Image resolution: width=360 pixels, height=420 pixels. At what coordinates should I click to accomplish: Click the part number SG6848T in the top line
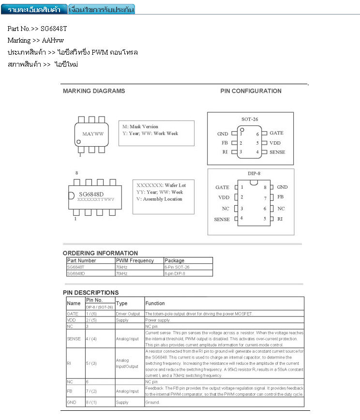coord(54,29)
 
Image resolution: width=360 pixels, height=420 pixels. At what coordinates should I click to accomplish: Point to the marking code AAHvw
coord(53,40)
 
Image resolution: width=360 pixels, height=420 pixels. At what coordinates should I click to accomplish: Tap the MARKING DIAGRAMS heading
coord(94,91)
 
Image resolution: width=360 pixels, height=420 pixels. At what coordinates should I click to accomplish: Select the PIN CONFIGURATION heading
coord(251,91)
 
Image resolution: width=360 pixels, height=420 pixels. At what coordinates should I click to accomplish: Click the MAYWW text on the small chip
coord(93,134)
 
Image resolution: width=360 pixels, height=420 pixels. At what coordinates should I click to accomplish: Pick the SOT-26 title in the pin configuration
coord(250,119)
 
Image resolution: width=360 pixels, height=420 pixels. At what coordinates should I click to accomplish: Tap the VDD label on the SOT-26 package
coord(275,143)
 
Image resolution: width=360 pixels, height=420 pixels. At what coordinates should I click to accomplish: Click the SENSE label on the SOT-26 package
coord(277,152)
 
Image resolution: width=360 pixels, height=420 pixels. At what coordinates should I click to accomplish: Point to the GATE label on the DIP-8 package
coord(222,187)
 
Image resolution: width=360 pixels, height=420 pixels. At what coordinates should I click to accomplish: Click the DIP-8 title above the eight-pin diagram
coord(251,173)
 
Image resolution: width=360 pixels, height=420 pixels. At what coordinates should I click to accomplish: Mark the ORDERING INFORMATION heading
coord(100,253)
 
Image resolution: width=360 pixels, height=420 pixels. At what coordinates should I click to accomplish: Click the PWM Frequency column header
coord(135,260)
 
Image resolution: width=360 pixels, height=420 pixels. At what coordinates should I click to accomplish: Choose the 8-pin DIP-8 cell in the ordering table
coord(175,273)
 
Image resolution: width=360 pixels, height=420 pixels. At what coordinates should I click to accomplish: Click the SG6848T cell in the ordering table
coord(76,267)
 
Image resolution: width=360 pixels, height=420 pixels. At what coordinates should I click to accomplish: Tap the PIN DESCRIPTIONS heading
coord(90,292)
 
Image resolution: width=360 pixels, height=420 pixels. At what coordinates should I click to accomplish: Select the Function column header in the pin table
coord(155,303)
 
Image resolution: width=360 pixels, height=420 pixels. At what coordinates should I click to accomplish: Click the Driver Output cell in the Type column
coord(128,314)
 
